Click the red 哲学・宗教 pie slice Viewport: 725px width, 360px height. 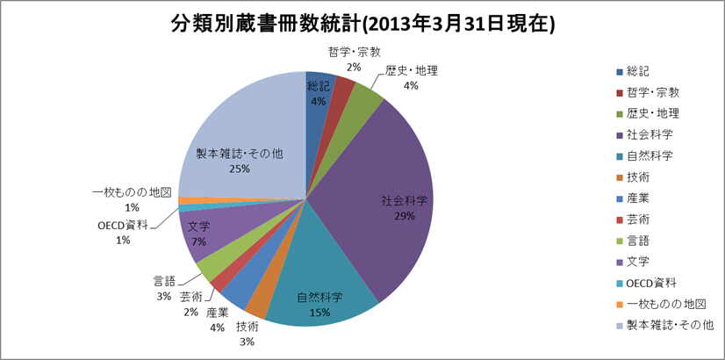[343, 91]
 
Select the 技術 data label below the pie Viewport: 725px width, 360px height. [247, 333]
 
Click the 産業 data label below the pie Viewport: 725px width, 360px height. [218, 319]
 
